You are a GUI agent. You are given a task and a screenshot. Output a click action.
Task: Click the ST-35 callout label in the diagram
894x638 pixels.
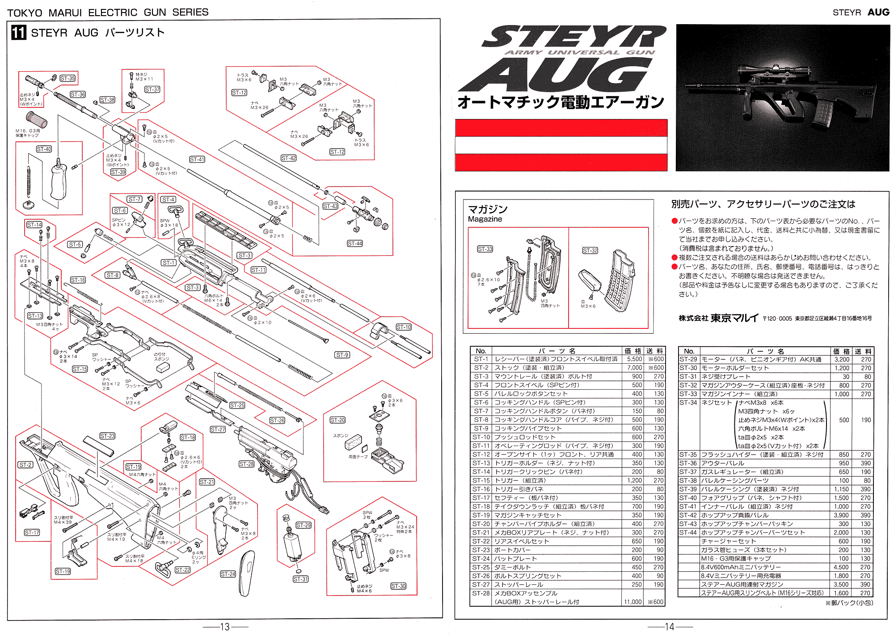tap(67, 78)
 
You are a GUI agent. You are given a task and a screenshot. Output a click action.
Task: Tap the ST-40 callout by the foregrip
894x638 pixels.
tap(44, 149)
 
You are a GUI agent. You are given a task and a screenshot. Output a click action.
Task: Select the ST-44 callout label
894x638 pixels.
tap(355, 243)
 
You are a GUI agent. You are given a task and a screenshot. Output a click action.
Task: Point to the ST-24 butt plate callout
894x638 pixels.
tap(228, 574)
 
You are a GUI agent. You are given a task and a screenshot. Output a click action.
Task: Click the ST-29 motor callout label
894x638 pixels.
tap(304, 525)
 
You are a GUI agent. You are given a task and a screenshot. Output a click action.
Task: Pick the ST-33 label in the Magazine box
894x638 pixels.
tap(485, 249)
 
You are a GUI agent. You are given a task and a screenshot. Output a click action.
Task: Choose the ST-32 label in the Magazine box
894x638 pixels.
tap(590, 251)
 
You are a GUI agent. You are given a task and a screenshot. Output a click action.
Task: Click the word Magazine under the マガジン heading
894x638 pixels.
tap(485, 219)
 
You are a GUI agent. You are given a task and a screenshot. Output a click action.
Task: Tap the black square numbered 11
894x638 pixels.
tap(18, 33)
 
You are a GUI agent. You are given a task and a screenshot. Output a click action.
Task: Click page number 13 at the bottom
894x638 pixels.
tap(225, 627)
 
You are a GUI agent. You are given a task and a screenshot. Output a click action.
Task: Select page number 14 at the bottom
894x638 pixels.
tap(669, 627)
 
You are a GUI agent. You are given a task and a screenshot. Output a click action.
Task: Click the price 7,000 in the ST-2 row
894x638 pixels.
tap(634, 368)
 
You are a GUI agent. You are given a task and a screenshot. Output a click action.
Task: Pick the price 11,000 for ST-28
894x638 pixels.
tap(633, 602)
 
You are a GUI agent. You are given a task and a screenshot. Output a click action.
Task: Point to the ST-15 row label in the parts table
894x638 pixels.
tap(481, 481)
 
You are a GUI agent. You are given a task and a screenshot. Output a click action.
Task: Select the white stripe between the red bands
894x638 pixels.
tap(561, 145)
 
